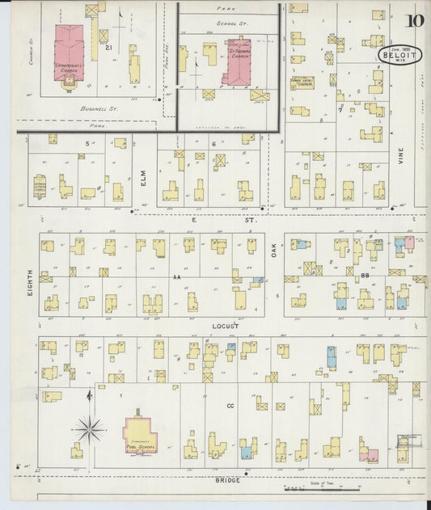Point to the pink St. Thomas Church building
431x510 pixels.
point(239,61)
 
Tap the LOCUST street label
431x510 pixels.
point(226,326)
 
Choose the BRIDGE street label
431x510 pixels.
point(229,480)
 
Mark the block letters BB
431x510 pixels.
point(365,277)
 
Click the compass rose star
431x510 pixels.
point(90,426)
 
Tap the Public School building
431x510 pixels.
point(140,436)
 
